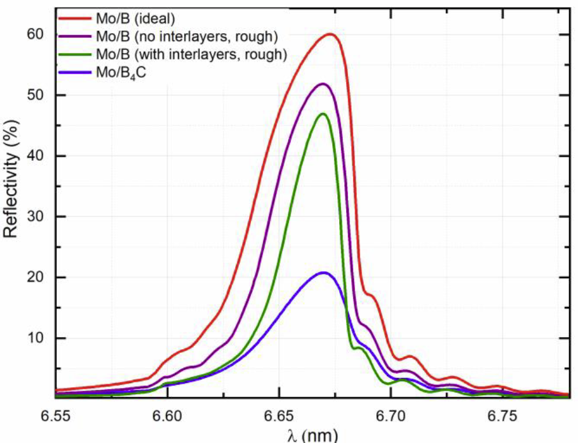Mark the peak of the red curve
coord(330,34)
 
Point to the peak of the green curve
coord(323,114)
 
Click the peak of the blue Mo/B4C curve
coord(324,273)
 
